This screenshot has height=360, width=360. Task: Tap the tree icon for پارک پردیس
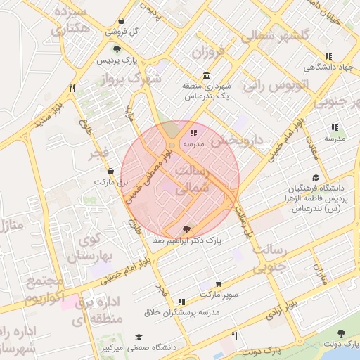pos(117,49)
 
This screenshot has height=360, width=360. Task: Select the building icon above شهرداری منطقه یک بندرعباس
pos(205,76)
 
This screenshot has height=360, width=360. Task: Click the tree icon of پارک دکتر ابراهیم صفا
pos(186,229)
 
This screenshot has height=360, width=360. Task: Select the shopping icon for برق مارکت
pos(110,171)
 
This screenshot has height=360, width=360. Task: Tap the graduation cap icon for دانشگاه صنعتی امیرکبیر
pos(139,337)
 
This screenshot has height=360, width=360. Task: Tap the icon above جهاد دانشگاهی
pos(327,56)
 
